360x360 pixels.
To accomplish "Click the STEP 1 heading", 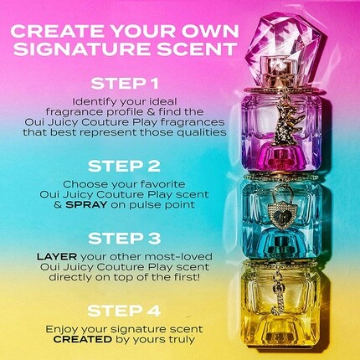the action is [x=125, y=84].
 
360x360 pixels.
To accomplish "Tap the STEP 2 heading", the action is [x=125, y=166].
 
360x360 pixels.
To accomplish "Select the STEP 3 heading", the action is [x=125, y=239].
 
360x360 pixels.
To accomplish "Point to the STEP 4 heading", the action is [x=124, y=311].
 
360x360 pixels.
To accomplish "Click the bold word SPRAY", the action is [x=86, y=204].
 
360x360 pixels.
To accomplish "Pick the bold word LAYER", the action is [x=57, y=256].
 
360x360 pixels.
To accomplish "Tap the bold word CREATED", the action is [x=83, y=339].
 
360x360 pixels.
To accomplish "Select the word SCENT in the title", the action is [x=197, y=49].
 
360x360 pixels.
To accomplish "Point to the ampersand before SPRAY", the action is [x=58, y=205].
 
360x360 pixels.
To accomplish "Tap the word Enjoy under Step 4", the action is [x=61, y=330].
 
